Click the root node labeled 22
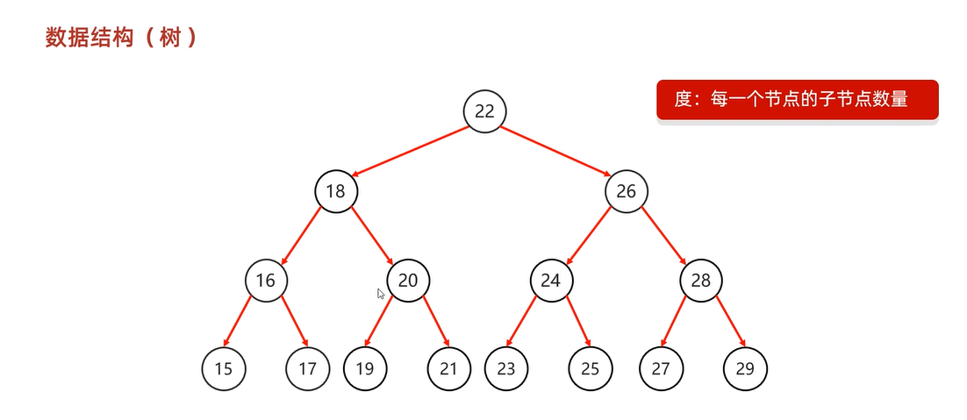click(x=485, y=111)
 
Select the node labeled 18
click(x=336, y=191)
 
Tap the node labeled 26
click(x=626, y=191)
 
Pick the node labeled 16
click(x=266, y=281)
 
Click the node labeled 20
click(x=408, y=281)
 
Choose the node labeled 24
click(x=551, y=281)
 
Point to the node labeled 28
click(x=700, y=281)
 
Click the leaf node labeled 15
click(x=224, y=368)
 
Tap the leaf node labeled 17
click(x=307, y=368)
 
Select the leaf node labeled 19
click(x=365, y=368)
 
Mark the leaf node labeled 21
click(x=449, y=368)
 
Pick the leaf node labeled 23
click(x=506, y=368)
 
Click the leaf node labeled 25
click(x=591, y=368)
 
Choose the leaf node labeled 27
click(x=661, y=368)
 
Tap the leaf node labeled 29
click(x=745, y=368)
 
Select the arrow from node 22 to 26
click(x=555, y=151)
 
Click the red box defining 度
click(x=798, y=100)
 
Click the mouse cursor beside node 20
click(x=381, y=295)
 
